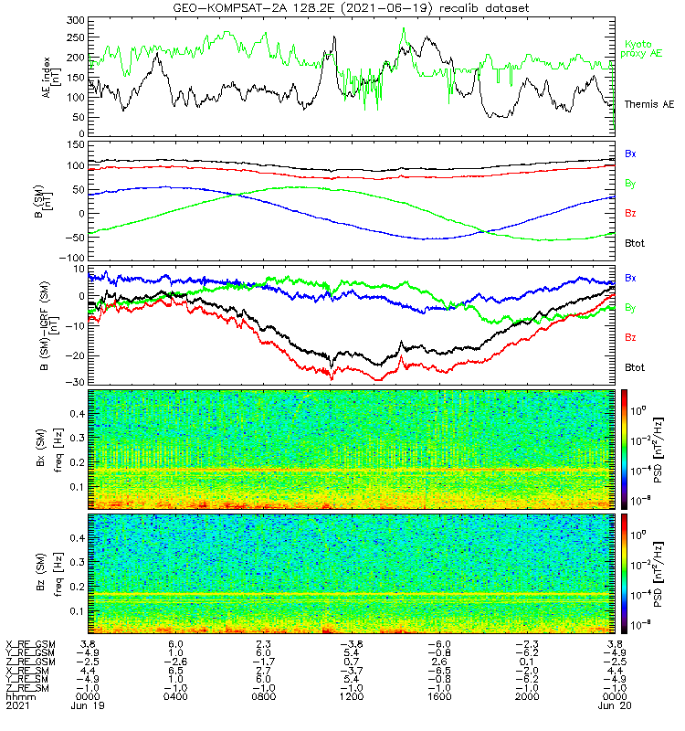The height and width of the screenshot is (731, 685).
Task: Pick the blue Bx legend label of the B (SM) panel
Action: [630, 154]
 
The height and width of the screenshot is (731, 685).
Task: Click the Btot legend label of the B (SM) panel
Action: [634, 244]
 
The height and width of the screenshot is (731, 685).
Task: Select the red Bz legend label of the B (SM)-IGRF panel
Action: [630, 338]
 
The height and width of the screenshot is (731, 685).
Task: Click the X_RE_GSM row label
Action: [30, 644]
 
